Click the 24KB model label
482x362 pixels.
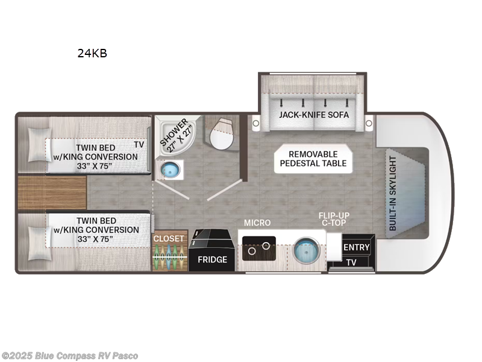pyautogui.click(x=92, y=53)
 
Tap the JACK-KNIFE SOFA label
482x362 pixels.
pyautogui.click(x=314, y=115)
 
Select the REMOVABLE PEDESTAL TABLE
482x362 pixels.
pyautogui.click(x=313, y=159)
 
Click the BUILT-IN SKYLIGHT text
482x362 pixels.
pyautogui.click(x=393, y=193)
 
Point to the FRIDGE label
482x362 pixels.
pyautogui.click(x=212, y=260)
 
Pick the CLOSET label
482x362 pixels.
pyautogui.click(x=169, y=238)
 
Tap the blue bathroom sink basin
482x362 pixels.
pyautogui.click(x=171, y=170)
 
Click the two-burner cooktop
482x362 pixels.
pyautogui.click(x=259, y=249)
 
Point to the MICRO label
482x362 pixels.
pyautogui.click(x=257, y=223)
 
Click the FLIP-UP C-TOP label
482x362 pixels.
pyautogui.click(x=334, y=219)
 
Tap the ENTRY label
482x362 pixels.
pyautogui.click(x=356, y=247)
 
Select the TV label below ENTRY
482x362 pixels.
pyautogui.click(x=351, y=262)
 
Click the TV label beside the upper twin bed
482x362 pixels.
pyautogui.click(x=139, y=144)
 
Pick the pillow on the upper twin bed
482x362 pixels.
pyautogui.click(x=39, y=145)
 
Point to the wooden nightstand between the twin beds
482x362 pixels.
pyautogui.click(x=52, y=192)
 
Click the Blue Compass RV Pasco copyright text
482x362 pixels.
pyautogui.click(x=69, y=356)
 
